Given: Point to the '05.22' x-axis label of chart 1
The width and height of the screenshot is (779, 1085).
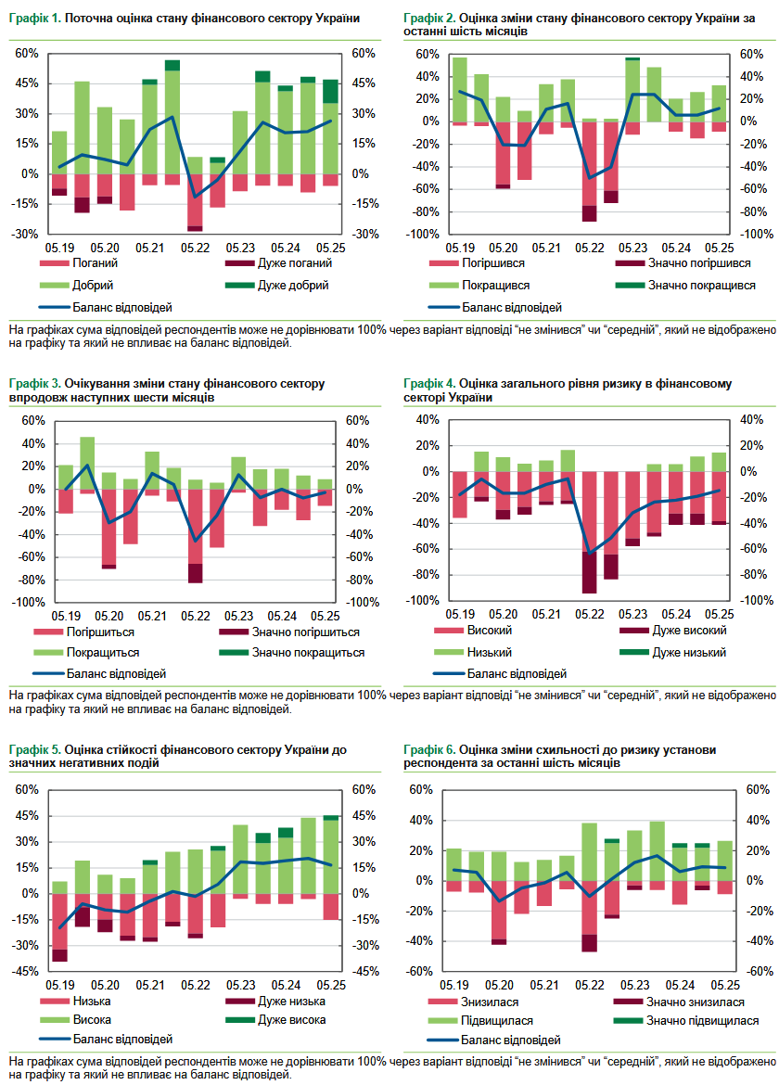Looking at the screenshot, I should (195, 248).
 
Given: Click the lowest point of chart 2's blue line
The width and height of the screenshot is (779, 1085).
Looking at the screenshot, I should (588, 178).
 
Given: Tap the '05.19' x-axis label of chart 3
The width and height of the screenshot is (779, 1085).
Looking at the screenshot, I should (65, 616).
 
